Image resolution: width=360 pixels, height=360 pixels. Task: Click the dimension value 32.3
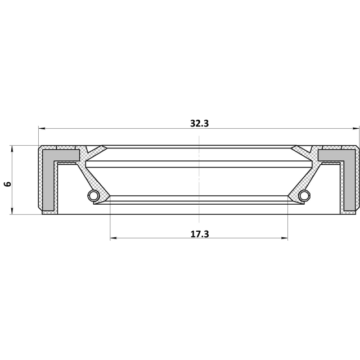(200, 124)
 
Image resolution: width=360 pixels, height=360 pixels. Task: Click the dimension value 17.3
(200, 234)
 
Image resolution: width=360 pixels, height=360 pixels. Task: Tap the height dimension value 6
(8, 184)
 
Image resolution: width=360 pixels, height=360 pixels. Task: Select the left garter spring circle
(93, 195)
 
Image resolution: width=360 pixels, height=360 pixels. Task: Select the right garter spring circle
(305, 195)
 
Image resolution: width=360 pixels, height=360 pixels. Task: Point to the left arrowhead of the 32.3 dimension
(41, 129)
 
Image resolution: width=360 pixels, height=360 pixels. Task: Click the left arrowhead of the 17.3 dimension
(113, 238)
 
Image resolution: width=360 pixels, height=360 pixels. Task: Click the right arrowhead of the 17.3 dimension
(285, 238)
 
